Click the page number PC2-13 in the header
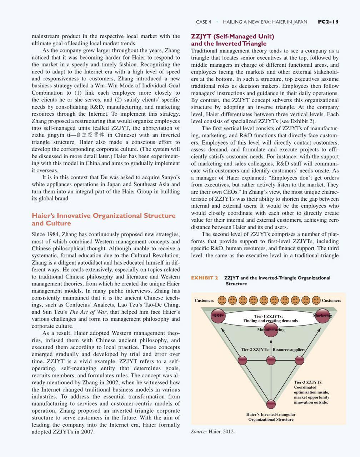tap(328, 22)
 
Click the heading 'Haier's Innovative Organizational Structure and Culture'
tap(104, 219)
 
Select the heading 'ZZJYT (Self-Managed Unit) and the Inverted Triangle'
tap(232, 40)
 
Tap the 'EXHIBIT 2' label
tap(204, 278)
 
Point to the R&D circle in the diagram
tap(218, 316)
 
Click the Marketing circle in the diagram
tap(322, 316)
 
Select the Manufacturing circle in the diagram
tap(271, 329)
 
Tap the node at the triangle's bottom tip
tap(271, 404)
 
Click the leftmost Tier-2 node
tap(242, 360)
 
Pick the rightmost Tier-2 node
tap(299, 360)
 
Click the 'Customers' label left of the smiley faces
tap(204, 301)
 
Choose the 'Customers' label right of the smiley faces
tap(331, 301)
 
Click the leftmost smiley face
tap(222, 300)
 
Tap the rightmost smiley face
tap(316, 300)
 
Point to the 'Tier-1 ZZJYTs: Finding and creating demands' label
tap(270, 318)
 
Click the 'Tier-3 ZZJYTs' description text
tap(311, 392)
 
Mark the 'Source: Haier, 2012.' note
tap(213, 431)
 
